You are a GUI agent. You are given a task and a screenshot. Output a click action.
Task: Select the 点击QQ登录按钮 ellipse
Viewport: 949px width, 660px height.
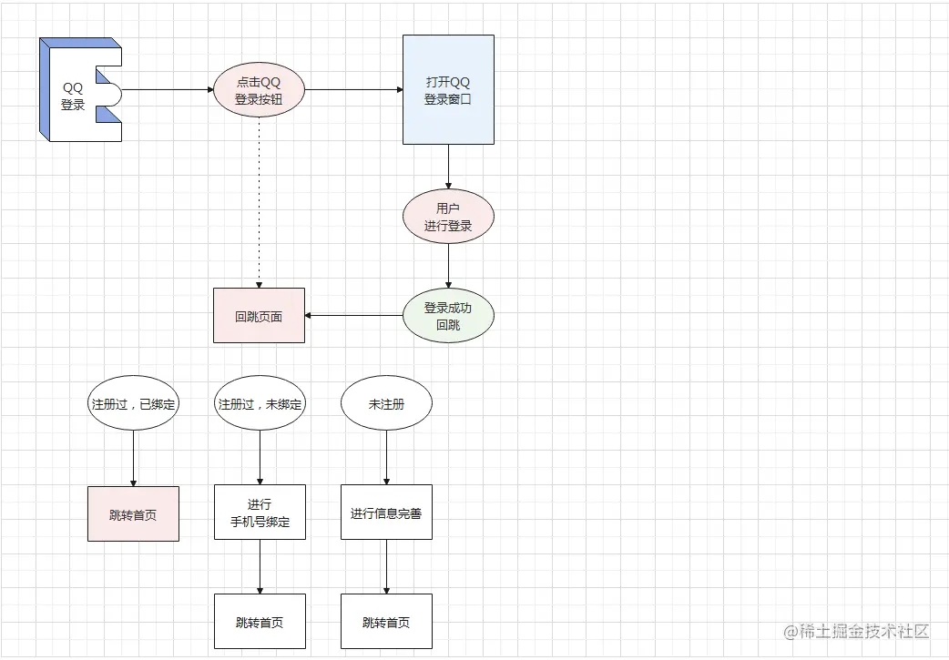coord(259,90)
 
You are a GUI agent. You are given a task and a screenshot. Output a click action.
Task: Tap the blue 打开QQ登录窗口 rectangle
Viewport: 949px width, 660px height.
coord(448,89)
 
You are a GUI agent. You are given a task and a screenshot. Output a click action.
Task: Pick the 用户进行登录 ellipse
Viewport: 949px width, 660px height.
coord(448,217)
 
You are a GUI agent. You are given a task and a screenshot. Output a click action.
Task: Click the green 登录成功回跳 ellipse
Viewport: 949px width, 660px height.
coord(448,316)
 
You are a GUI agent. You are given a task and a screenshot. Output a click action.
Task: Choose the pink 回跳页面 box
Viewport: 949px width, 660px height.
coord(259,316)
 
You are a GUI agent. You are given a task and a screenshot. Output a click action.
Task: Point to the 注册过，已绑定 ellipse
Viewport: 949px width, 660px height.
coord(133,403)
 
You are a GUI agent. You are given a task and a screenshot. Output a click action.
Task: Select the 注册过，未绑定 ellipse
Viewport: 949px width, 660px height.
coord(260,403)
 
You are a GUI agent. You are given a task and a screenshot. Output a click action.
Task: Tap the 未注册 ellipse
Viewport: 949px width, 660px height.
coord(386,403)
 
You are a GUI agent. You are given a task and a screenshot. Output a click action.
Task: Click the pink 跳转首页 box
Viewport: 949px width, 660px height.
coord(133,513)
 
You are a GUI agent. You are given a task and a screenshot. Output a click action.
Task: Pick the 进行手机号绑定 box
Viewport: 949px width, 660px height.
coord(260,513)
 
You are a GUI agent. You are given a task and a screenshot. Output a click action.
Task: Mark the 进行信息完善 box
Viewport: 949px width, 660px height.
coord(386,513)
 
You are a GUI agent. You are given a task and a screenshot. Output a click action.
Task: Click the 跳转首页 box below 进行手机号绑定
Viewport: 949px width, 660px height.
coord(260,622)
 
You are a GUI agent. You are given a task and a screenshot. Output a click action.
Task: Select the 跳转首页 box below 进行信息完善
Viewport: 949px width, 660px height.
coord(386,622)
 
